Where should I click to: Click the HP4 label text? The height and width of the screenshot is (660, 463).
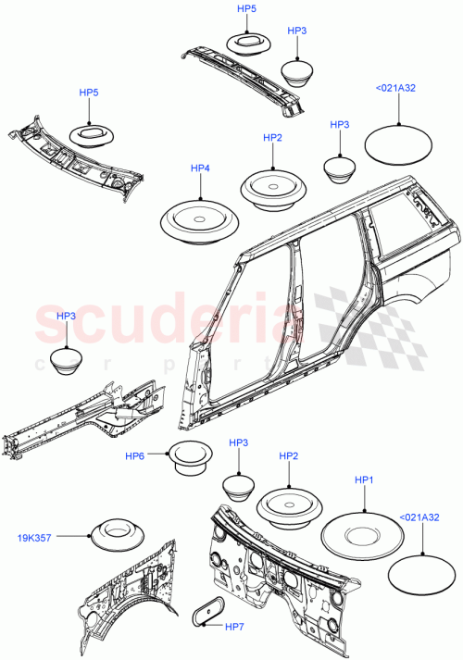point(201,168)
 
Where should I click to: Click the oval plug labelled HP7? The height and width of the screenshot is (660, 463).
point(210,613)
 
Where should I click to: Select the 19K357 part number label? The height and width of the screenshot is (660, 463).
point(34,536)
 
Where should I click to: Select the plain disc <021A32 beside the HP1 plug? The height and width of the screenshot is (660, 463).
point(421,572)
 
